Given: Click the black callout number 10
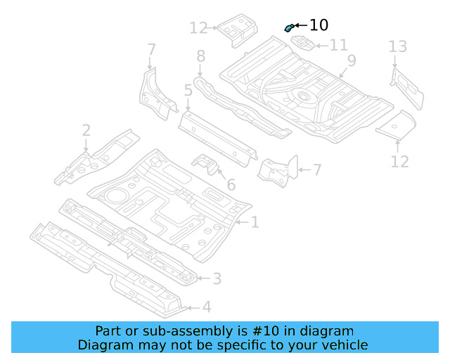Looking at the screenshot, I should (319, 25).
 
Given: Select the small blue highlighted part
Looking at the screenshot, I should (288, 27).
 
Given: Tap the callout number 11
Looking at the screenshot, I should (338, 46).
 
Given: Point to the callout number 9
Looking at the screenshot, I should (351, 61).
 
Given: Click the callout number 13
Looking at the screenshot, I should (397, 47).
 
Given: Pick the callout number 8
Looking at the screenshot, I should (200, 56).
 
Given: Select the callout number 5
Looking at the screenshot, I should (188, 90).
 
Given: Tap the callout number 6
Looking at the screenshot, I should (231, 186).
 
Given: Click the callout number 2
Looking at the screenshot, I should (86, 130).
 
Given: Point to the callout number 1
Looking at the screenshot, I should (255, 222).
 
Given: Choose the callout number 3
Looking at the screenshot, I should (217, 279).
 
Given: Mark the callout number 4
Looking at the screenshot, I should (206, 307).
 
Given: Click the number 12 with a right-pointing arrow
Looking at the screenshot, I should (199, 28).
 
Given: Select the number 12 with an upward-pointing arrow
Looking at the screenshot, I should (399, 162).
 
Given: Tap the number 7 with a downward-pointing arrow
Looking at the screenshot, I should (151, 49).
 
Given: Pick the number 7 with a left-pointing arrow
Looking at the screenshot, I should (316, 169).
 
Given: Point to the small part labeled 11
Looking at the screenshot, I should (302, 43).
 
